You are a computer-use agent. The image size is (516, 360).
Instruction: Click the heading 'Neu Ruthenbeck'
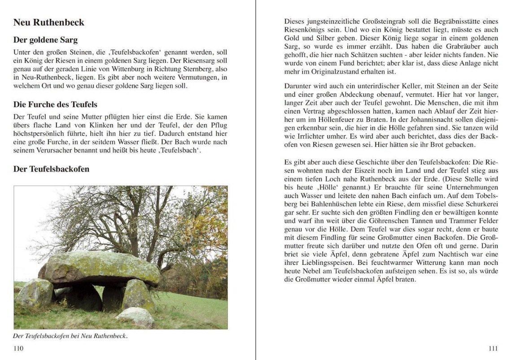tap(48, 22)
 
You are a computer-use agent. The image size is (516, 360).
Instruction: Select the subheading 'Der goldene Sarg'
tap(45, 40)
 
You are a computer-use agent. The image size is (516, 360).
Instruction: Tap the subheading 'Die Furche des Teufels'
tap(55, 105)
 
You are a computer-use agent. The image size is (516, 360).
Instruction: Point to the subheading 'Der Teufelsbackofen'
tap(51, 169)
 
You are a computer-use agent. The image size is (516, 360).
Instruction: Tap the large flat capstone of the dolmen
tap(103, 268)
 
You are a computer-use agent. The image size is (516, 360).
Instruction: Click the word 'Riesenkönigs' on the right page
tap(304, 29)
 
